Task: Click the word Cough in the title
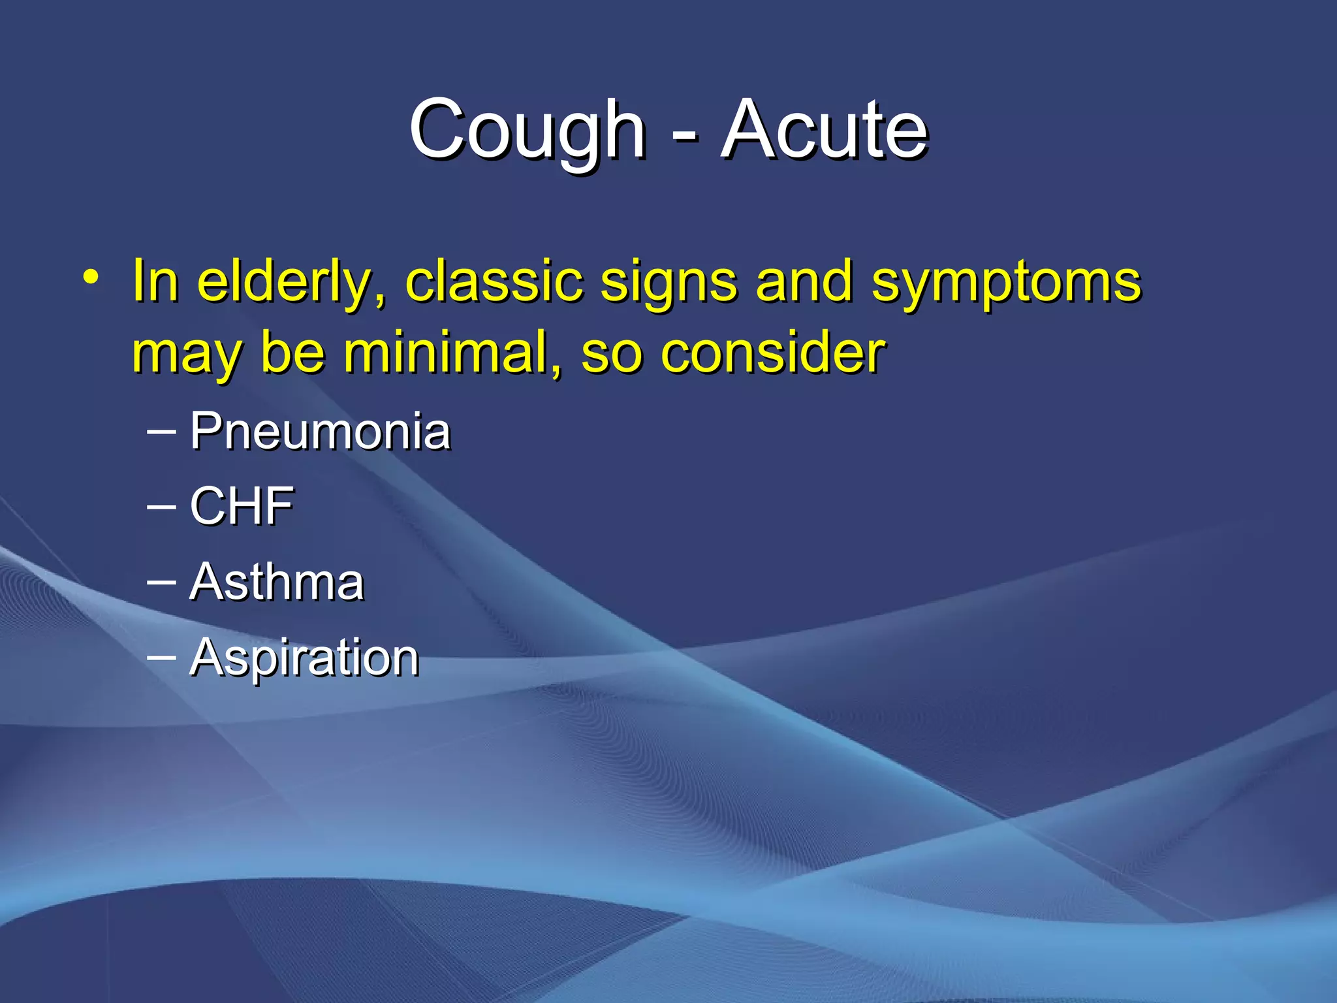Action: [527, 131]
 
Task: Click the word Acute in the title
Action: [824, 131]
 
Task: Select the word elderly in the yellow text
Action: [291, 282]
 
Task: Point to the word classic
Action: [494, 282]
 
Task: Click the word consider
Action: [772, 353]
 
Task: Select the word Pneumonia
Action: [320, 432]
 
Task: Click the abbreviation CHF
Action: [242, 506]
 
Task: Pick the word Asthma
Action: [277, 582]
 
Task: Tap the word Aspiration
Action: [304, 658]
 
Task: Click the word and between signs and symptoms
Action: [804, 282]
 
